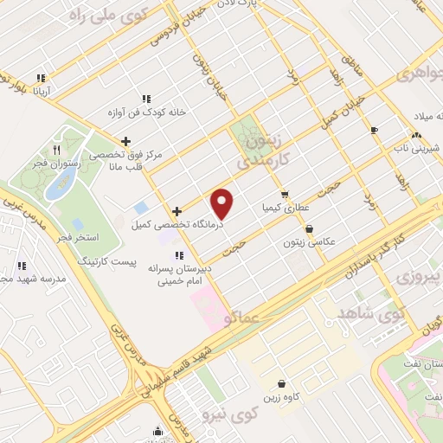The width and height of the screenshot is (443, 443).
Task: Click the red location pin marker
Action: point(222,203)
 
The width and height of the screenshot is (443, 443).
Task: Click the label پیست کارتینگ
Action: point(106,260)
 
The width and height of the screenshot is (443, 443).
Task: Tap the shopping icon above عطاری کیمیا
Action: point(285,195)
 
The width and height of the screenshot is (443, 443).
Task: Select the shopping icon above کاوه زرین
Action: point(282,383)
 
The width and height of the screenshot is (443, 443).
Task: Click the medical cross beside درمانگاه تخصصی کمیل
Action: point(177,210)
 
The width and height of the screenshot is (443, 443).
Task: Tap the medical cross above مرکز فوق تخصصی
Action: point(127,141)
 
